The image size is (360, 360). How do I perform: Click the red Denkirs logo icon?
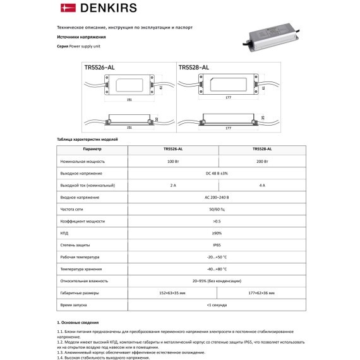pyautogui.click(x=66, y=8)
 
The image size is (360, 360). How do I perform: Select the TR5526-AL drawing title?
pyautogui.click(x=99, y=66)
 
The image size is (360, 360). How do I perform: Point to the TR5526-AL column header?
pyautogui.click(x=173, y=149)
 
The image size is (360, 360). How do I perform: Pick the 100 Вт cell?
pyautogui.click(x=173, y=162)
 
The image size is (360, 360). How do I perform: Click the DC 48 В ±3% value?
pyautogui.click(x=217, y=174)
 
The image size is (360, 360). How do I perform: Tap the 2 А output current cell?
pyautogui.click(x=173, y=186)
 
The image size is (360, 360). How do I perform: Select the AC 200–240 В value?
pyautogui.click(x=217, y=198)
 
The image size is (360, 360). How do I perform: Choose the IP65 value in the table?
pyautogui.click(x=217, y=245)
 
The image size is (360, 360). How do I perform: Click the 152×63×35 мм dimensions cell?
pyautogui.click(x=173, y=293)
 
